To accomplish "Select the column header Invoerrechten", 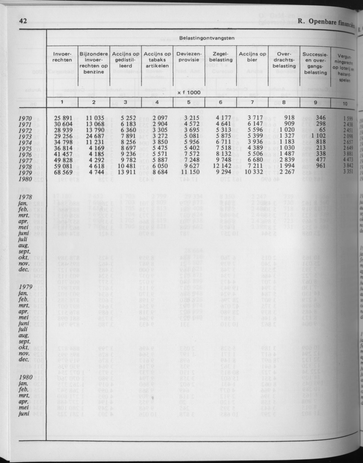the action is pyautogui.click(x=62, y=57).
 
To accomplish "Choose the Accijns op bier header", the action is pyautogui.click(x=252, y=57).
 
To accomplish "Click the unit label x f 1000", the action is pyautogui.click(x=188, y=92).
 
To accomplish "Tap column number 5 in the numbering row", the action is pyautogui.click(x=188, y=102).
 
